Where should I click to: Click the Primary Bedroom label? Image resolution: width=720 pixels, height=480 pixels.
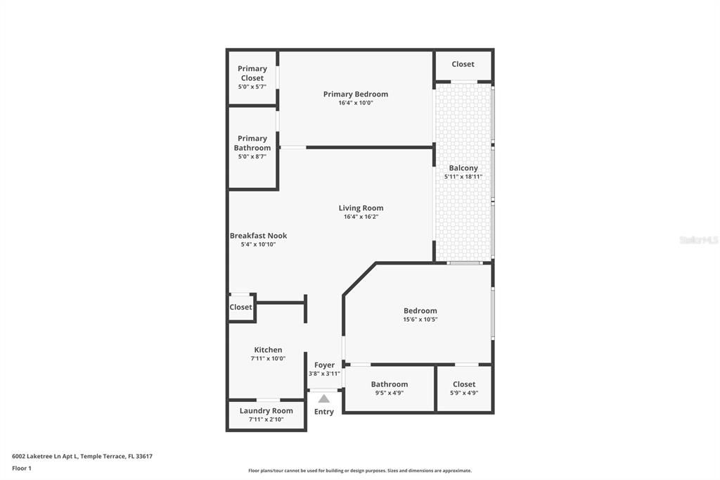pyautogui.click(x=355, y=94)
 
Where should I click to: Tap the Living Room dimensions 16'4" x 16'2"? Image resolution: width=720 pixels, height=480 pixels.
pyautogui.click(x=361, y=217)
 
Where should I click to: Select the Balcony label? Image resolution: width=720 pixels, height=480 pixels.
pyautogui.click(x=463, y=168)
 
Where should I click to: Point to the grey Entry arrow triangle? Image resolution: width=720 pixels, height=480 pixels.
pyautogui.click(x=323, y=398)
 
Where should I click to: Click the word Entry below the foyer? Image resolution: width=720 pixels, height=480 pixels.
pyautogui.click(x=323, y=412)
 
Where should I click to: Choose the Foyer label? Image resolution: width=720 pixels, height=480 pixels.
pyautogui.click(x=324, y=365)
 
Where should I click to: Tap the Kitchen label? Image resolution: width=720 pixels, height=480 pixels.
pyautogui.click(x=268, y=350)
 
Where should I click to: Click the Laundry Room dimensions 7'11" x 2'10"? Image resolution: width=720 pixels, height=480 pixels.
pyautogui.click(x=266, y=419)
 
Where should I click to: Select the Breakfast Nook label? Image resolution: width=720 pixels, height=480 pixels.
pyautogui.click(x=258, y=236)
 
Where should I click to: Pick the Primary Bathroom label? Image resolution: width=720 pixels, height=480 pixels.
pyautogui.click(x=252, y=143)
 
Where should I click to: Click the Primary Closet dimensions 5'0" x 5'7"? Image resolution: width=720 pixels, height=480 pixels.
pyautogui.click(x=252, y=87)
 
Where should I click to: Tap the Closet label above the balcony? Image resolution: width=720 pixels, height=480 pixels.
pyautogui.click(x=463, y=64)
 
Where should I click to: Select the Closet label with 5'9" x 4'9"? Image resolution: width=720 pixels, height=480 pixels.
pyautogui.click(x=464, y=384)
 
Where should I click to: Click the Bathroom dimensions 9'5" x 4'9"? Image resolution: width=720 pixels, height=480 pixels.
pyautogui.click(x=389, y=393)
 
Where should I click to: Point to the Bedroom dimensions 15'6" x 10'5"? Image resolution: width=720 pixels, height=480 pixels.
pyautogui.click(x=420, y=320)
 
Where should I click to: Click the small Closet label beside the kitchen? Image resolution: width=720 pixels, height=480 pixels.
pyautogui.click(x=240, y=308)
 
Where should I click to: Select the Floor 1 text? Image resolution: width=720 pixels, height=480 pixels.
pyautogui.click(x=22, y=468)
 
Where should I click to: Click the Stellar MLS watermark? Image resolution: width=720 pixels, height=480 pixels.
pyautogui.click(x=697, y=240)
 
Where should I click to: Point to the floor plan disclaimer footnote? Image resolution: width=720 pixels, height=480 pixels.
pyautogui.click(x=359, y=471)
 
